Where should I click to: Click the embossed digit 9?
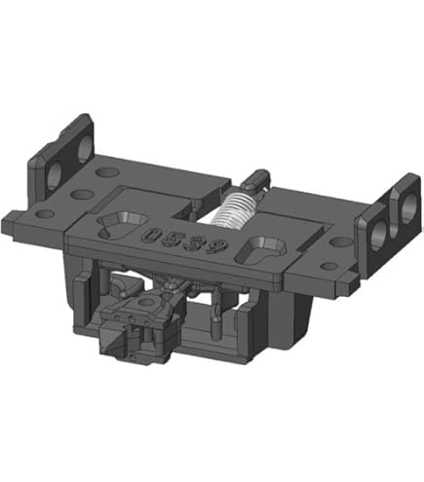215,248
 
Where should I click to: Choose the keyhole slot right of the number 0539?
262,250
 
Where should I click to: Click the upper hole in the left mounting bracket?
85,147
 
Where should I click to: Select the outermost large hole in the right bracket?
407,207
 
